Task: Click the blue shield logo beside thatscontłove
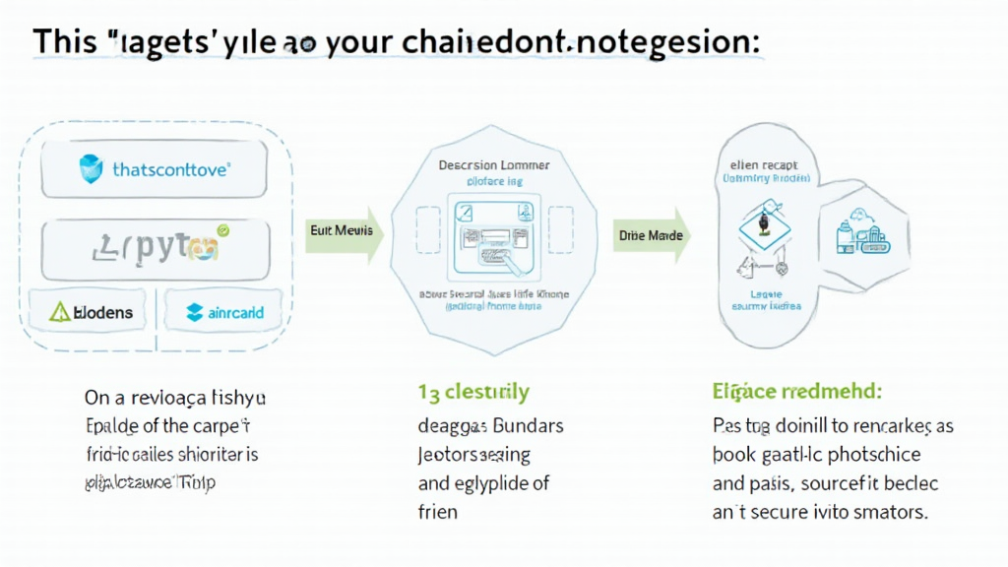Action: pyautogui.click(x=91, y=169)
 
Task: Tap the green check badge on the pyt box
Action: pyautogui.click(x=222, y=230)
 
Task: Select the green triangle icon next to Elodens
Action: pyautogui.click(x=60, y=313)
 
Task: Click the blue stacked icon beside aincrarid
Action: pyautogui.click(x=195, y=313)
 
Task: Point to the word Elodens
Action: pyautogui.click(x=102, y=313)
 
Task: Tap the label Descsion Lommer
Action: pyautogui.click(x=493, y=165)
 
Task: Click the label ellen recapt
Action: pyautogui.click(x=765, y=164)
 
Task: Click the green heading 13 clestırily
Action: pyautogui.click(x=473, y=392)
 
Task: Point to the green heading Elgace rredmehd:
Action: pyautogui.click(x=796, y=391)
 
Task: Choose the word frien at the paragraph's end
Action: pyautogui.click(x=438, y=512)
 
